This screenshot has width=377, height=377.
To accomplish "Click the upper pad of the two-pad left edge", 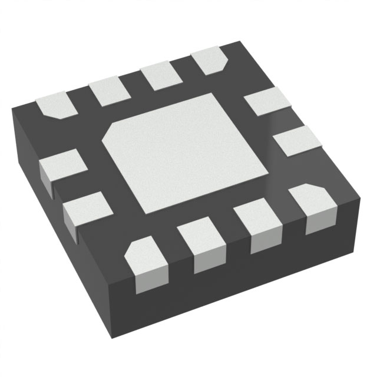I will [x=62, y=163].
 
